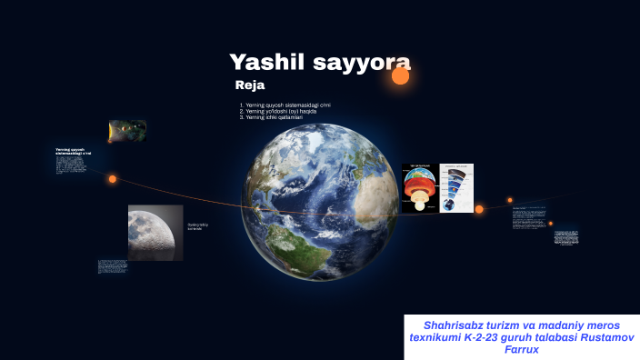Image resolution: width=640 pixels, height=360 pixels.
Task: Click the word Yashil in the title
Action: pos(267,63)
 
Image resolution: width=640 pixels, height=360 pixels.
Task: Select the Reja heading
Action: pos(249,85)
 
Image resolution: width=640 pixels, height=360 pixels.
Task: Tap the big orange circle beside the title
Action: pos(400,76)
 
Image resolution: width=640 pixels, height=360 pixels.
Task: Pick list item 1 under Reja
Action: pos(286,105)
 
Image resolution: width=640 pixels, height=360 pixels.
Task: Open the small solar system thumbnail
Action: pos(127,131)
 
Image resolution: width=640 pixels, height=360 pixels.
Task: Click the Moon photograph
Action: pos(155,233)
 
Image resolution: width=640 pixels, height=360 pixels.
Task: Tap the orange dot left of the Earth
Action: pos(113,179)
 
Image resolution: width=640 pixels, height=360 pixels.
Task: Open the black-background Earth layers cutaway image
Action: pos(419,188)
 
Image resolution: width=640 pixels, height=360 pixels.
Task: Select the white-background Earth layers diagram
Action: pos(456,188)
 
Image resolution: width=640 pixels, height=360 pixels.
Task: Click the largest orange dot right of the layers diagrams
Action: pos(479,209)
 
